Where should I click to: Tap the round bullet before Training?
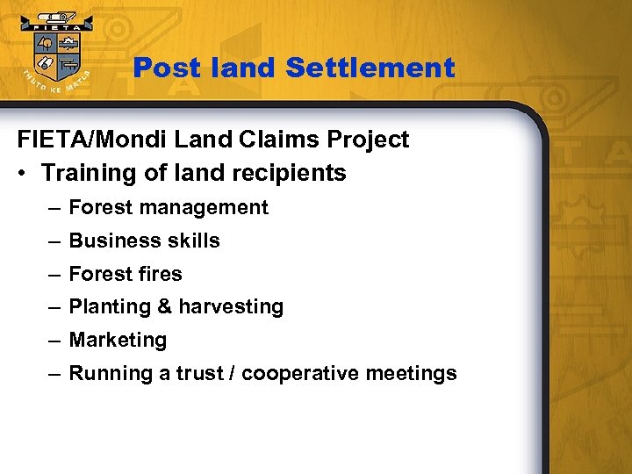click(x=23, y=173)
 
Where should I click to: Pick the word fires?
click(x=159, y=274)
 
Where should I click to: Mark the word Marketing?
click(x=118, y=340)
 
